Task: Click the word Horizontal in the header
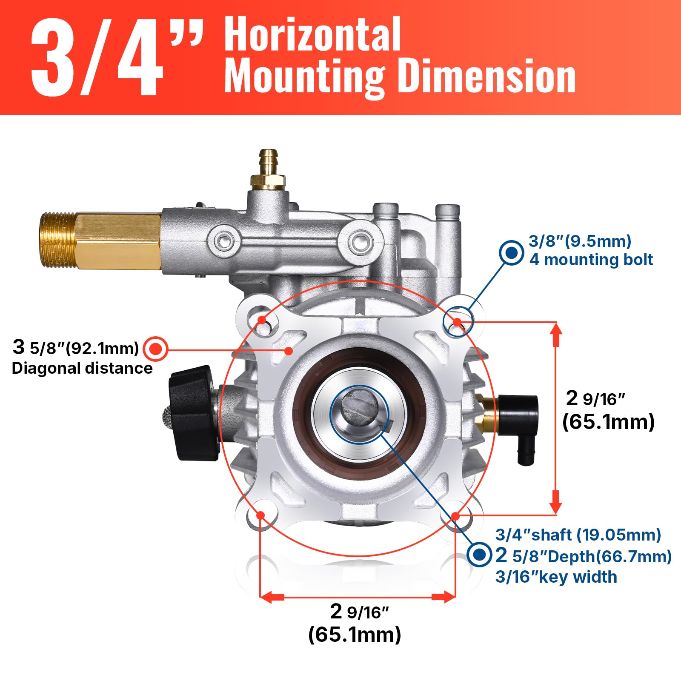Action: (312, 34)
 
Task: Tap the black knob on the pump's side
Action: (191, 413)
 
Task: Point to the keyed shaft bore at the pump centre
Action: (360, 415)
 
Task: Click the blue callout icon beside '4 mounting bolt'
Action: (511, 253)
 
